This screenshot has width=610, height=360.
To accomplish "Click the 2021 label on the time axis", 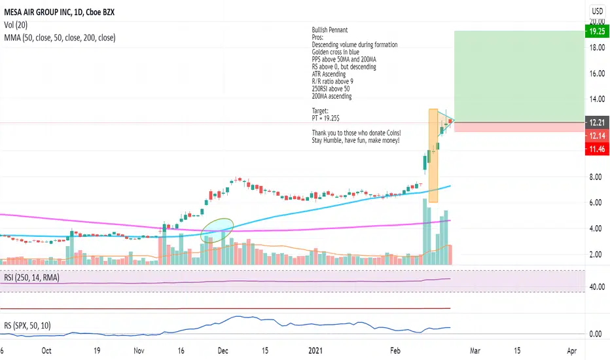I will point(315,350).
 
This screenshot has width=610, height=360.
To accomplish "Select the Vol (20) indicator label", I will point(18,25).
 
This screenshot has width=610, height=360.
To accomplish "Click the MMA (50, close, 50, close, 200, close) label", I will point(59,38).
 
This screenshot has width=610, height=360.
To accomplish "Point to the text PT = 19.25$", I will point(329,119).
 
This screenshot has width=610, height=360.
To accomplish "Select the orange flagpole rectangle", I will point(433,155).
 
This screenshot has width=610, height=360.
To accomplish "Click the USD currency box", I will point(596,11).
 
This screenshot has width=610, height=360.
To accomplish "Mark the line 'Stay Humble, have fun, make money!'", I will point(355,141).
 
